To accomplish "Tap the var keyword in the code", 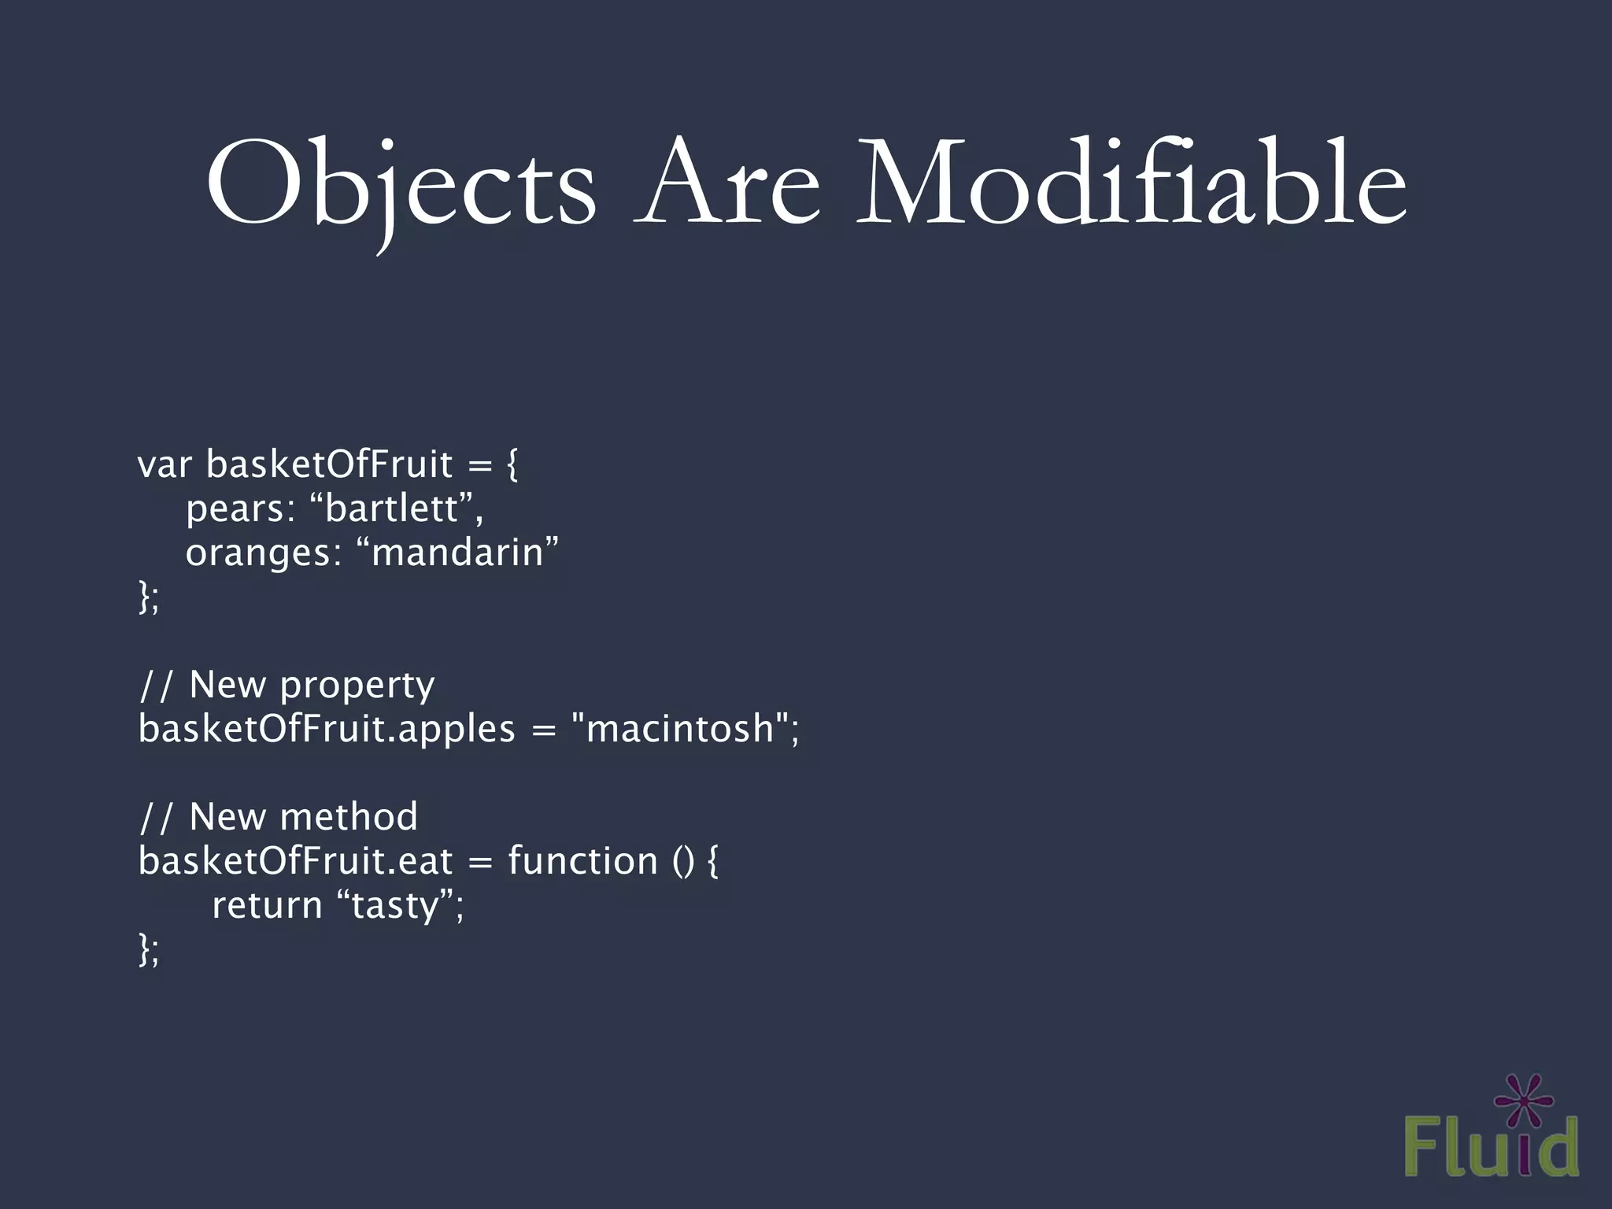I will pos(164,464).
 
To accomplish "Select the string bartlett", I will pos(392,508).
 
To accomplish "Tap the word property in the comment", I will pos(357,686).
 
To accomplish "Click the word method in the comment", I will pos(349,817).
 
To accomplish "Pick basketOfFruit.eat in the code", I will pos(295,861).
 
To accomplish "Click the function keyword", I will pos(582,861).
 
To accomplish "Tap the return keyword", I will pos(267,905).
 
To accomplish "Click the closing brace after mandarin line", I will pos(144,596).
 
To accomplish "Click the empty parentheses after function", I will pos(683,861).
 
